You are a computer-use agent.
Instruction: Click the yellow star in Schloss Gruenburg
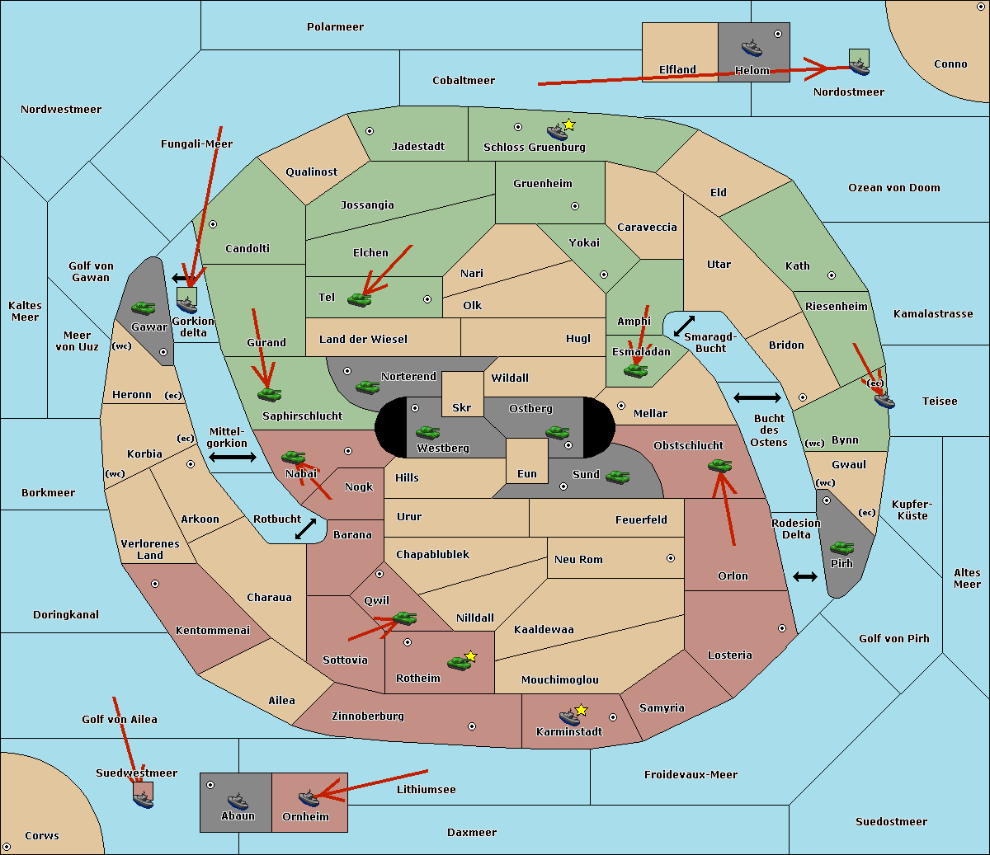coord(568,125)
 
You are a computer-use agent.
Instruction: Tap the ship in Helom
coord(752,48)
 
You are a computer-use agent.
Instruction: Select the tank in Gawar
coord(143,308)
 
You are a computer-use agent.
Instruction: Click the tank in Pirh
coord(841,547)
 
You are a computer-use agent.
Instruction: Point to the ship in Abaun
coord(238,801)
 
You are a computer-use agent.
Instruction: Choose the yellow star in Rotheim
coord(471,655)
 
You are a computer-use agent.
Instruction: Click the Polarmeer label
coord(335,27)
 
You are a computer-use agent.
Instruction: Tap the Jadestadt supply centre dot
coord(370,131)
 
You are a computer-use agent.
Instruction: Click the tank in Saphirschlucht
coord(269,394)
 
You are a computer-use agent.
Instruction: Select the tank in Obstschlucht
coord(719,465)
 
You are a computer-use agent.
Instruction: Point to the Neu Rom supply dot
coord(671,558)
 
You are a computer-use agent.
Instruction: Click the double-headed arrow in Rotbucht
coord(305,529)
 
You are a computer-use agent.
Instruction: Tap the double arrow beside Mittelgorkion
coord(233,458)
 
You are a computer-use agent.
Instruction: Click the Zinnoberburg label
coord(368,716)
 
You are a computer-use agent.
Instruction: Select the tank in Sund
coord(617,477)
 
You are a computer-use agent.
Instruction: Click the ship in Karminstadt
coord(569,717)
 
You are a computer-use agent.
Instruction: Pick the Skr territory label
coord(461,407)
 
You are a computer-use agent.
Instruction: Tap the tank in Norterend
coord(367,387)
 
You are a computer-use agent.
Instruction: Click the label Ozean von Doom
coord(893,188)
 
